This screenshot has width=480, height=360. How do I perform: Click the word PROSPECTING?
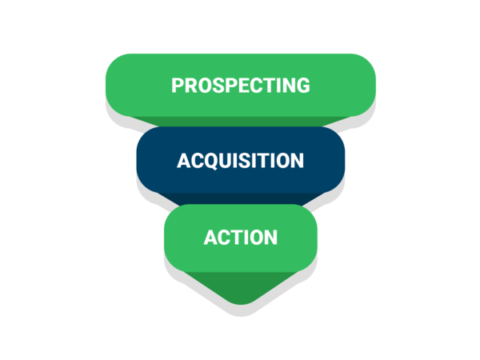(x=241, y=85)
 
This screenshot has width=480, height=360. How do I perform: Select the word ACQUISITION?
(x=240, y=161)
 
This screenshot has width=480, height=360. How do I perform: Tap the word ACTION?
(x=241, y=238)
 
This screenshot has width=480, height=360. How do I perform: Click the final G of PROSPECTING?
(x=302, y=85)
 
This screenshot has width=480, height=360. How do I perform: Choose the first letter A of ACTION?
(x=210, y=238)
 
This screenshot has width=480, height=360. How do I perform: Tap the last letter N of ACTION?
(x=271, y=238)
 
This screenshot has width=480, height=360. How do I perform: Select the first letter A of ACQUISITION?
(x=184, y=161)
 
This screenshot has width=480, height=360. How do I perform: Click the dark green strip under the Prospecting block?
(x=241, y=122)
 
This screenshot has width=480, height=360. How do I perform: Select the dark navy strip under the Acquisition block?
(x=241, y=198)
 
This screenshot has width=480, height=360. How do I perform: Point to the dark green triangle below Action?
(x=241, y=286)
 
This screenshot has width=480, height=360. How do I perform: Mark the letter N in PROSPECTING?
(x=288, y=85)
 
